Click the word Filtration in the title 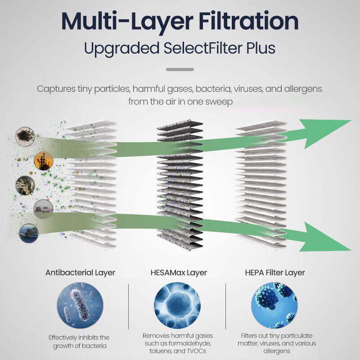(249, 21)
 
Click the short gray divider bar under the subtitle (180, 69)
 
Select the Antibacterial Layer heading (80, 273)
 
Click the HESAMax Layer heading (179, 273)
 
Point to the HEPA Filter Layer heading (275, 273)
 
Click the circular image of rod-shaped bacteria (80, 306)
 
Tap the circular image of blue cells (177, 306)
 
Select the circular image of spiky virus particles (274, 306)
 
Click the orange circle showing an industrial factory (44, 161)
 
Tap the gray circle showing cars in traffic (43, 209)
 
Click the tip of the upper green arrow (351, 120)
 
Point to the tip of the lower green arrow (351, 250)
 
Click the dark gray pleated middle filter (180, 185)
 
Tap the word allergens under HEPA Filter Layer (277, 351)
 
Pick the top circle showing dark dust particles (25, 136)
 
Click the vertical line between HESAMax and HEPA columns (226, 306)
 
